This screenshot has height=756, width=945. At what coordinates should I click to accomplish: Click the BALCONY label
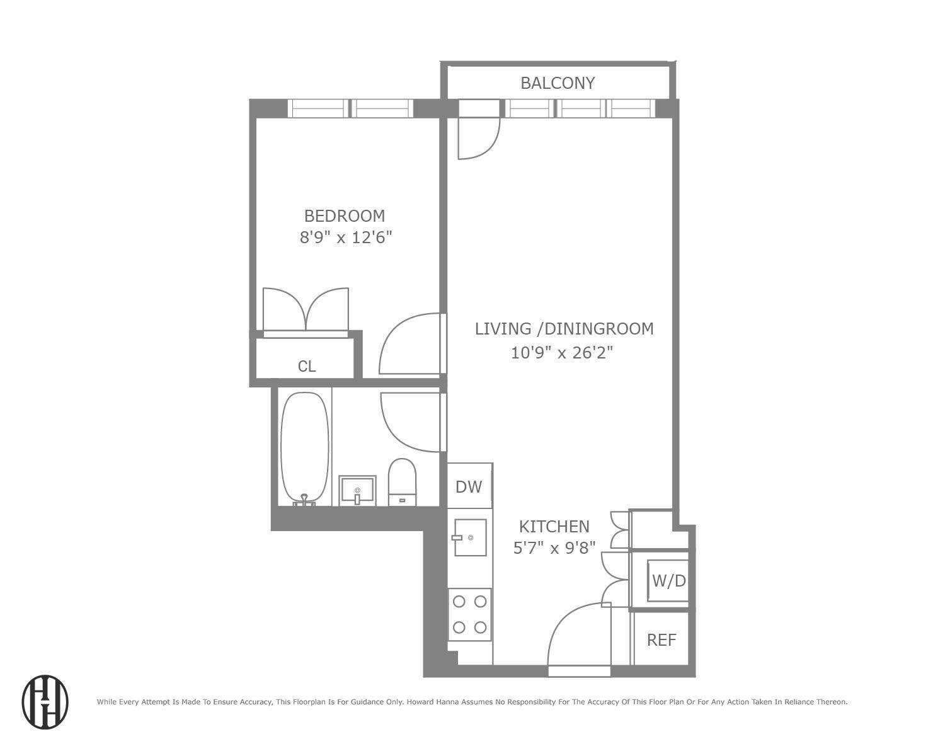[558, 83]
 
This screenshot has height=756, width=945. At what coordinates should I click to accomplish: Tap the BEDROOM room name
[345, 216]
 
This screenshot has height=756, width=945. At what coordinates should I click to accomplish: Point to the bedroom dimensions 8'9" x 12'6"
[346, 238]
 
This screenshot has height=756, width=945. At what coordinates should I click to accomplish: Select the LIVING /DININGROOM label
[564, 329]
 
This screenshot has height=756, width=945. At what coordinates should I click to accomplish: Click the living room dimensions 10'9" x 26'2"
[561, 352]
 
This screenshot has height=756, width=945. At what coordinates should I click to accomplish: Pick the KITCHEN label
[554, 526]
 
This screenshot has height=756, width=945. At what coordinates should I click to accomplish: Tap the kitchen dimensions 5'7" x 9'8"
[554, 547]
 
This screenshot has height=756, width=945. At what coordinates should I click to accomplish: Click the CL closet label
[307, 367]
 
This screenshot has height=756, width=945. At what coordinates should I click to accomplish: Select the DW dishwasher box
[469, 486]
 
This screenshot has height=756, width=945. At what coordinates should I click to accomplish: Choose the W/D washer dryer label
[669, 581]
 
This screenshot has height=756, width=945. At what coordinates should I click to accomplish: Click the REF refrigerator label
[661, 640]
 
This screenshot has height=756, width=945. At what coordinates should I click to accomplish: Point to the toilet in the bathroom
[402, 482]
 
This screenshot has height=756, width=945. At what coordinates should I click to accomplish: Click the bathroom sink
[357, 490]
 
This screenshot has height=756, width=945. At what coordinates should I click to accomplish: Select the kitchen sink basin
[471, 537]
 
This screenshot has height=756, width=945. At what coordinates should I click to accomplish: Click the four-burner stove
[470, 614]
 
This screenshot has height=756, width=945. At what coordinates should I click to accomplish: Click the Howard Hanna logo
[45, 702]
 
